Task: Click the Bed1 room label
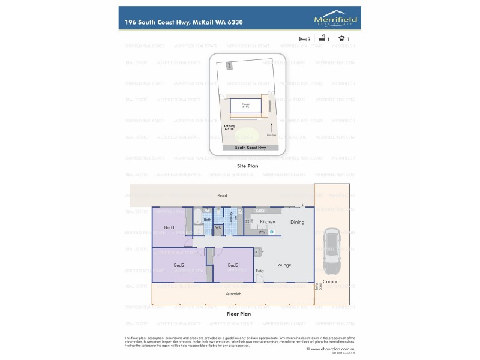(169, 227)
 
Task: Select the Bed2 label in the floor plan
(179, 265)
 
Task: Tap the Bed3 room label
(233, 265)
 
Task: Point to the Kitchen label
(268, 222)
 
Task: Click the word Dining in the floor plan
(297, 222)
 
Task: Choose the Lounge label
(283, 265)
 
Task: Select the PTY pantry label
(262, 232)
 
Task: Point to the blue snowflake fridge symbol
(271, 232)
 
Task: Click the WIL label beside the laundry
(219, 227)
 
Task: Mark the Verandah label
(234, 294)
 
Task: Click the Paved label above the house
(223, 196)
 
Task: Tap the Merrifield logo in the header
(336, 20)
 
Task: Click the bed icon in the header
(302, 39)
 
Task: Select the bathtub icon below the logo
(322, 39)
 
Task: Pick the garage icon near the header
(341, 39)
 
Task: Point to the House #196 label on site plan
(246, 106)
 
